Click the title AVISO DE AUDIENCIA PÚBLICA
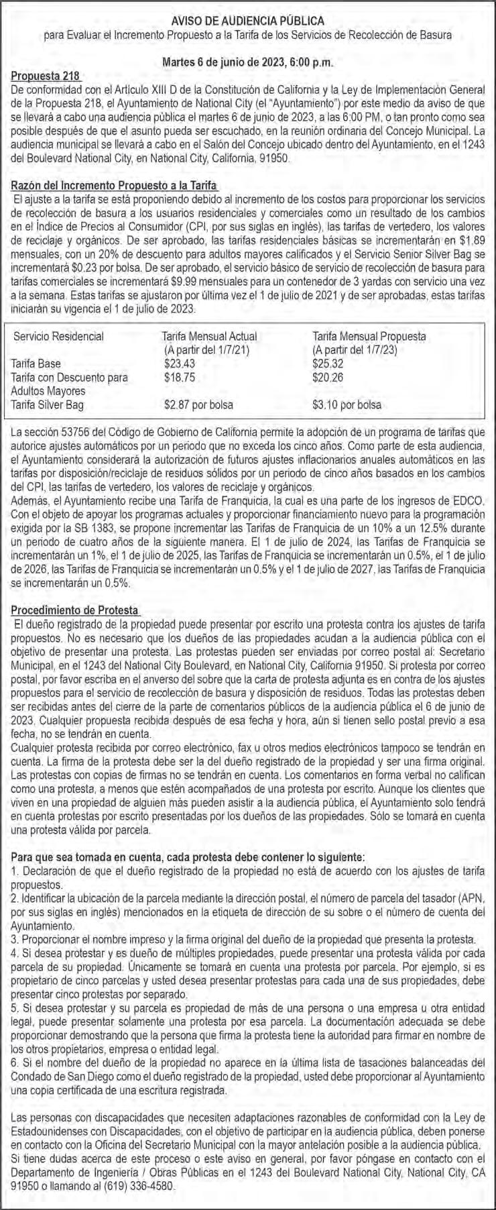(248, 21)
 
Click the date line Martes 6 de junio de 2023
(248, 62)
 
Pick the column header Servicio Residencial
(59, 336)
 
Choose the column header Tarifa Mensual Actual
(210, 336)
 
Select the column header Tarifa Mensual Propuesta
(369, 336)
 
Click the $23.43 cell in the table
(178, 364)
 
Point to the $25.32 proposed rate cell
(327, 364)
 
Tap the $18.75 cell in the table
(178, 377)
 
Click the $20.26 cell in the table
(327, 377)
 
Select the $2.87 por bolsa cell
(199, 404)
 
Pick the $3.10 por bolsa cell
(347, 404)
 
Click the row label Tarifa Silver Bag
(48, 404)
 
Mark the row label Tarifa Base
(36, 364)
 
